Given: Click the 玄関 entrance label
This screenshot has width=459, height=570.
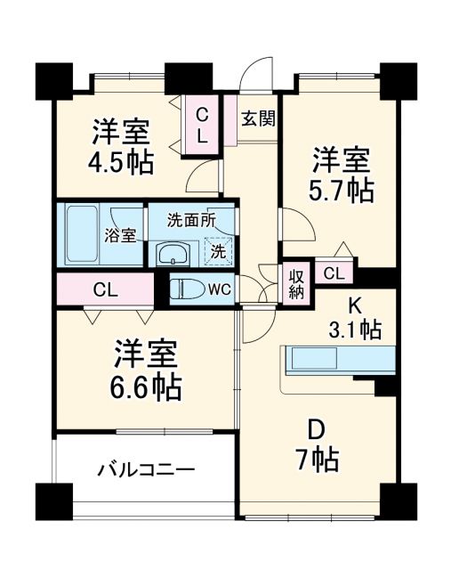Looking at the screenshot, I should tap(258, 117).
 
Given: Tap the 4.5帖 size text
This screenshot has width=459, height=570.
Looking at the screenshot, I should tap(122, 163).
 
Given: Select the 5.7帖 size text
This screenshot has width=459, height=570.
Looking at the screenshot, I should tap(342, 189).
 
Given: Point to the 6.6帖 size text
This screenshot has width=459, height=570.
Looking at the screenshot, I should tap(148, 386).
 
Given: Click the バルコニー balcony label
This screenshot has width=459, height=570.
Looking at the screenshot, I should tap(147, 468).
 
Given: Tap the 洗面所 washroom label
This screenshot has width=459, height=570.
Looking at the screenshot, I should tap(193, 219).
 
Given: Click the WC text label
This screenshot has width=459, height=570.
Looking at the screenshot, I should tap(221, 289).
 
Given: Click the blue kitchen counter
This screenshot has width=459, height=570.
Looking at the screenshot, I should tap(338, 360).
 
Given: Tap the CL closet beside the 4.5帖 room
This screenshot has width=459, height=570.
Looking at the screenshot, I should tap(201, 126).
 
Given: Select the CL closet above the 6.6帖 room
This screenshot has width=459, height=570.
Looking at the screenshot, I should tap(104, 289).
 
